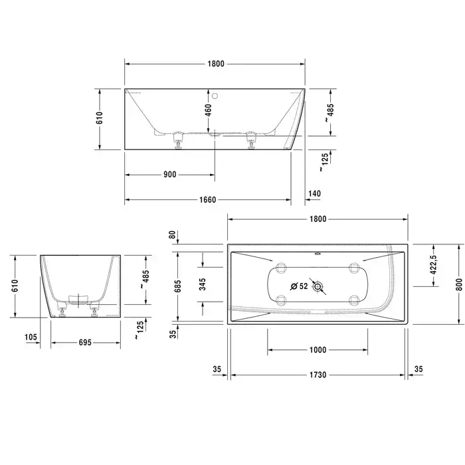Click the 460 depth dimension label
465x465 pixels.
(x=209, y=110)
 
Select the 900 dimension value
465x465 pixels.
(x=169, y=174)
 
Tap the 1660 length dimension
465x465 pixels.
(x=207, y=199)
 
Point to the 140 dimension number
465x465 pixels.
(x=315, y=193)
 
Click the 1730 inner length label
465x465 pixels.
(x=318, y=375)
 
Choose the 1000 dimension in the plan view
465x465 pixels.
(x=318, y=350)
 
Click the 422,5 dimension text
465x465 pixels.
(x=433, y=265)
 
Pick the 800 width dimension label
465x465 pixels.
(x=459, y=284)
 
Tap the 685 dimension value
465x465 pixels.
(x=177, y=286)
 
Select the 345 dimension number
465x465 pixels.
(x=202, y=284)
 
